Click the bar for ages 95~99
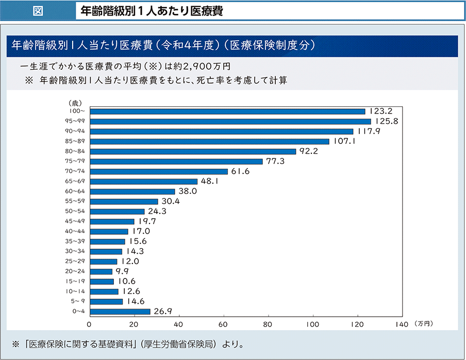[230, 121]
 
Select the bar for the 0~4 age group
[120, 312]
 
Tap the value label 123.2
[381, 111]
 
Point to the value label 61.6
[241, 171]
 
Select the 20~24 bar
[101, 271]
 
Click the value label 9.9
[122, 271]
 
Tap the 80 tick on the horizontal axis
[268, 324]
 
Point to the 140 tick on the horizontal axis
[402, 324]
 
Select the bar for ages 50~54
[117, 211]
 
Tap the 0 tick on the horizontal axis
[90, 324]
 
